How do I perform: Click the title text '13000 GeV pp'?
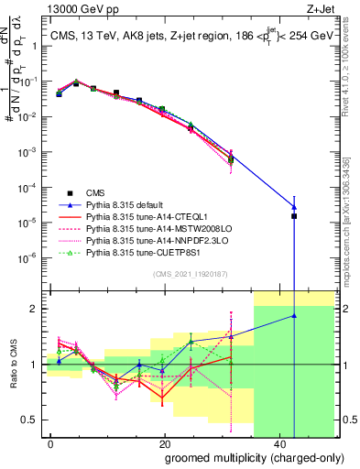click(x=76, y=8)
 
